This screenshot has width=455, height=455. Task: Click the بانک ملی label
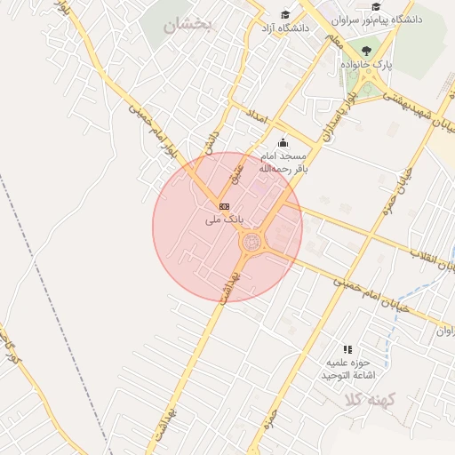coord(224,218)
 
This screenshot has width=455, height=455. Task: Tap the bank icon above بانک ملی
coord(224,206)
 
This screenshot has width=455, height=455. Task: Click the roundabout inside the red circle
coord(251,241)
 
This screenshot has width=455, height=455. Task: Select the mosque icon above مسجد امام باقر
coord(283,142)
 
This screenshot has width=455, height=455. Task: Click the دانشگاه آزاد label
coord(283,28)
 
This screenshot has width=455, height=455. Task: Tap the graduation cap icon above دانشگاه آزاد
coord(285,14)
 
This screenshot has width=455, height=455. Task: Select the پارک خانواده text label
coord(366,65)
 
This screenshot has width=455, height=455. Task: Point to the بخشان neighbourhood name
coord(188,26)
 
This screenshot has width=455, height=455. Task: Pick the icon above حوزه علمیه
coord(347,350)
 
